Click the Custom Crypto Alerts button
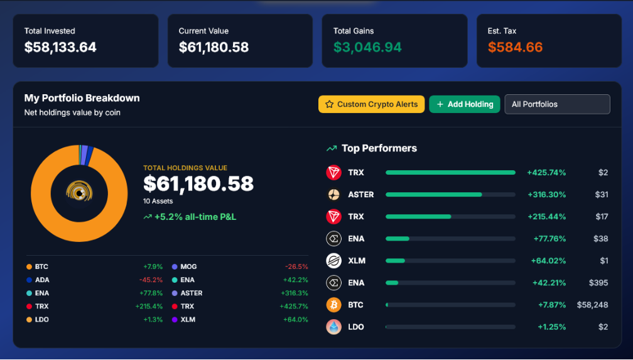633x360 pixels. pos(371,104)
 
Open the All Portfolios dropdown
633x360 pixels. pos(557,104)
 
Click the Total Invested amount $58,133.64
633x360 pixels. pos(60,47)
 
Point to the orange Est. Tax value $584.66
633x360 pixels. pos(515,47)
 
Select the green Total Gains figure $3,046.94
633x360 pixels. pos(367,47)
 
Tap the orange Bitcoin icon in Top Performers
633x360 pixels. pos(334,305)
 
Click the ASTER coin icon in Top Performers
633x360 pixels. pos(334,194)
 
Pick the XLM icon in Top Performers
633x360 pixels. pos(334,261)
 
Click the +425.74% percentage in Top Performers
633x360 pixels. pos(546,173)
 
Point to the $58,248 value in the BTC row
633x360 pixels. pos(592,305)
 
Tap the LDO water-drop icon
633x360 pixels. pos(334,327)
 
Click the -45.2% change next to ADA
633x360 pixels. pos(151,280)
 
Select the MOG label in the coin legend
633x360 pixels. pos(188,266)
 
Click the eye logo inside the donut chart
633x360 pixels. pos(79,193)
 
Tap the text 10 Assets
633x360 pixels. pos(158,201)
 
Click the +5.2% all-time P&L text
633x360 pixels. pos(195,217)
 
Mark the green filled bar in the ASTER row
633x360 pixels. pos(433,194)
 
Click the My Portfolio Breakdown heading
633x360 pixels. pos(82,98)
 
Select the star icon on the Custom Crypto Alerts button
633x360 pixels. pos(330,104)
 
